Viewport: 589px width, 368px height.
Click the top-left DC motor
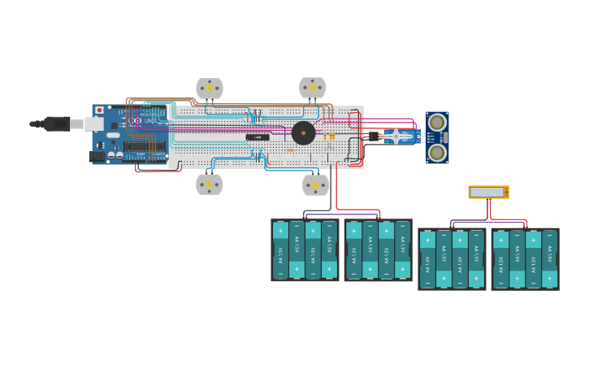[x=210, y=88]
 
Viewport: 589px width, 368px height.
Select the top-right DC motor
[x=313, y=87]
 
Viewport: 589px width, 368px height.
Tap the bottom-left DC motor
[x=209, y=184]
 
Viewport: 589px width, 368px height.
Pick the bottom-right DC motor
[x=315, y=184]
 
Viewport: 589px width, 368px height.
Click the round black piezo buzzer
[x=304, y=133]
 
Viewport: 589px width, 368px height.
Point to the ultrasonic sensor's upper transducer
[x=437, y=123]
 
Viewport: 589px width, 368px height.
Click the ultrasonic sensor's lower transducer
[x=437, y=152]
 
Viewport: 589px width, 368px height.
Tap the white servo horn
[x=396, y=136]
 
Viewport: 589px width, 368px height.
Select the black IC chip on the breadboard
[x=258, y=137]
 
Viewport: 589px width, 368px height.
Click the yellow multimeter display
[x=487, y=192]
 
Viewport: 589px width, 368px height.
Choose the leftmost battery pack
[x=305, y=250]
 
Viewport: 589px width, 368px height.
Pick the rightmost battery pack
[x=525, y=258]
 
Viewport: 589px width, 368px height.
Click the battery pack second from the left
[x=378, y=250]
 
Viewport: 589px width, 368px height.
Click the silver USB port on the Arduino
[x=93, y=123]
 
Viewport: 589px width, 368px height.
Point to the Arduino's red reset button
[x=99, y=110]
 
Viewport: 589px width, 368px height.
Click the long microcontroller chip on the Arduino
[x=145, y=147]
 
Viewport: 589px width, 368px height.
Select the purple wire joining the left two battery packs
[x=341, y=215]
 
